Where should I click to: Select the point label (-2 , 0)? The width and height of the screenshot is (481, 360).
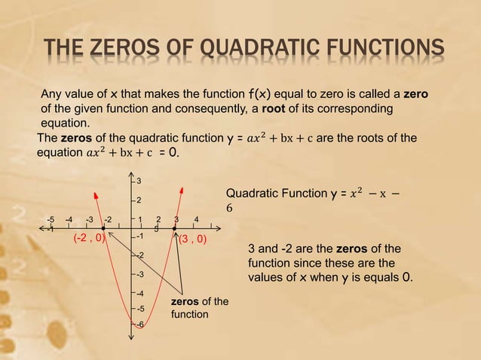click(88, 239)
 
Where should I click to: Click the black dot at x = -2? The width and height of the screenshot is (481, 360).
click(103, 228)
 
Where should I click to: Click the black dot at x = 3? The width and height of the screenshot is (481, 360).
click(174, 228)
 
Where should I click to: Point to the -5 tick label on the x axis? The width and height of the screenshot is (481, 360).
click(50, 220)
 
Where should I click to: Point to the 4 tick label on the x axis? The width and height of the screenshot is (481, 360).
click(196, 220)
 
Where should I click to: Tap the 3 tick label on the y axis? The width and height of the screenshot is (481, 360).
click(139, 181)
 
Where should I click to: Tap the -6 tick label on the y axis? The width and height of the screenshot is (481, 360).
click(139, 325)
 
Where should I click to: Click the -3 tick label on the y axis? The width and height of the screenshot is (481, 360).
click(139, 275)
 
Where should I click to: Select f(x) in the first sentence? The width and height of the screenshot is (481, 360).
click(260, 94)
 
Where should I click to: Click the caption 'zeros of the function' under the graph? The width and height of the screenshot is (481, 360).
click(199, 307)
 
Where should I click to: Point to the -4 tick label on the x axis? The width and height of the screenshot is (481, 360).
click(69, 220)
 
